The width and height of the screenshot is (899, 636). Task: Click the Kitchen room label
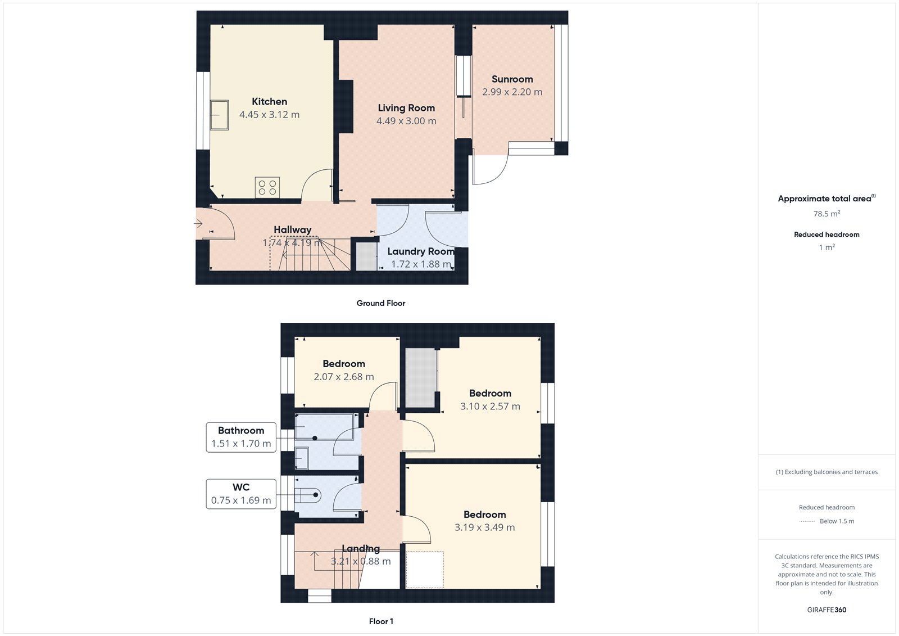click(x=269, y=102)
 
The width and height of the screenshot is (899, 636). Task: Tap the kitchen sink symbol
click(x=219, y=115)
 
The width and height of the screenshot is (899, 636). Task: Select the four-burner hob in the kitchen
click(x=267, y=188)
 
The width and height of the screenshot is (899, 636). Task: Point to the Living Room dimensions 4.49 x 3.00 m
click(x=406, y=121)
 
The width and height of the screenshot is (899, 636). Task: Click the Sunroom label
click(x=512, y=79)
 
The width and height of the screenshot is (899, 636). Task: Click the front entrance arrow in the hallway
click(x=198, y=224)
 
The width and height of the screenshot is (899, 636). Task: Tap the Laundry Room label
click(x=420, y=251)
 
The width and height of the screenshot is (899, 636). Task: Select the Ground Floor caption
click(x=380, y=303)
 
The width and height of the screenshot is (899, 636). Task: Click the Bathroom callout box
click(x=241, y=437)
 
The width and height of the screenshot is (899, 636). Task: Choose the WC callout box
click(x=241, y=494)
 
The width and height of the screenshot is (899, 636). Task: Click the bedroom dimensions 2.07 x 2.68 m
click(x=343, y=377)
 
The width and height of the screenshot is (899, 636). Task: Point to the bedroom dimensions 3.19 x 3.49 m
click(x=484, y=527)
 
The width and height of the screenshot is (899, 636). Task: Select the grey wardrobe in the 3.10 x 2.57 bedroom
click(x=421, y=377)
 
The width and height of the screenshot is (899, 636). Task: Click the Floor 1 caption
click(x=381, y=621)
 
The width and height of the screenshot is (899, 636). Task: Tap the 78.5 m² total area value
click(x=827, y=214)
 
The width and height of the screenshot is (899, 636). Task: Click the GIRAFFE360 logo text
click(x=827, y=610)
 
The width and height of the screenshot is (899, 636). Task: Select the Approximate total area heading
click(x=825, y=199)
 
